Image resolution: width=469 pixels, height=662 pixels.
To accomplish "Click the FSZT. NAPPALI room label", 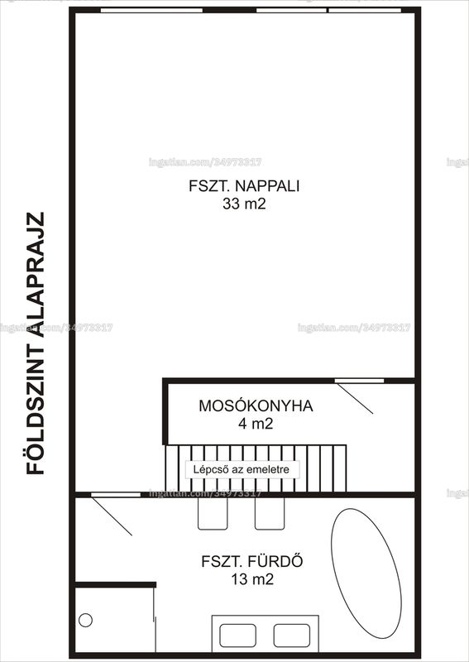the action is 244,186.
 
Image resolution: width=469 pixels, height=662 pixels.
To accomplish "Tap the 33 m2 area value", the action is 244,204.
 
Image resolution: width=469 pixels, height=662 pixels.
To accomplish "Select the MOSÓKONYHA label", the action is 256,405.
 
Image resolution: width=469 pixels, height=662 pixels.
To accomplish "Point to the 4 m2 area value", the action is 256,424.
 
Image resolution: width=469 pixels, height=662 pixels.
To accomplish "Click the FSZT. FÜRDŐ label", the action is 252,561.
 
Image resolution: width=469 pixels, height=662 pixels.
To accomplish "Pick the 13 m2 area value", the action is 252,578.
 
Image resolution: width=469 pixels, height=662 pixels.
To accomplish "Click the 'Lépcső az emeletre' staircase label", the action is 242,469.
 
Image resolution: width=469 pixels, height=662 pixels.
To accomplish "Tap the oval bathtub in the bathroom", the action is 366,573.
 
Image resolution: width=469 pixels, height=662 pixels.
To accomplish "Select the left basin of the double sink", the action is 237,636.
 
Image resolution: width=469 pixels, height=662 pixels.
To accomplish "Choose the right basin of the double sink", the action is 292,636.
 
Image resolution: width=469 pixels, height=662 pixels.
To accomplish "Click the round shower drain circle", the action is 85,620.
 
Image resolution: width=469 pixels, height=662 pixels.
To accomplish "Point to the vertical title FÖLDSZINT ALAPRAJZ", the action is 36,343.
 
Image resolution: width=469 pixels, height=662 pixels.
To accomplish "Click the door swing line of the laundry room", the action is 355,399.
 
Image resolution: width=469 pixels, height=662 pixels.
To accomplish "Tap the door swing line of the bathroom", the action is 112,516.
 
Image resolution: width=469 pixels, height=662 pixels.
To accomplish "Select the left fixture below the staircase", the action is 213,513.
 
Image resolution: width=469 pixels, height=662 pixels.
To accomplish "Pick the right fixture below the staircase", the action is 270,513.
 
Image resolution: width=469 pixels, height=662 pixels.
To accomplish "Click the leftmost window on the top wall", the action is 151,10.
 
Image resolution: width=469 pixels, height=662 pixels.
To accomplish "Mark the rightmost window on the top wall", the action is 365,10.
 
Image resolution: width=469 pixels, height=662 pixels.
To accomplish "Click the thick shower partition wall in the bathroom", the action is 115,585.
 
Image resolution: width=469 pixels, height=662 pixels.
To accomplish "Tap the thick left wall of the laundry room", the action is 165,411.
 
